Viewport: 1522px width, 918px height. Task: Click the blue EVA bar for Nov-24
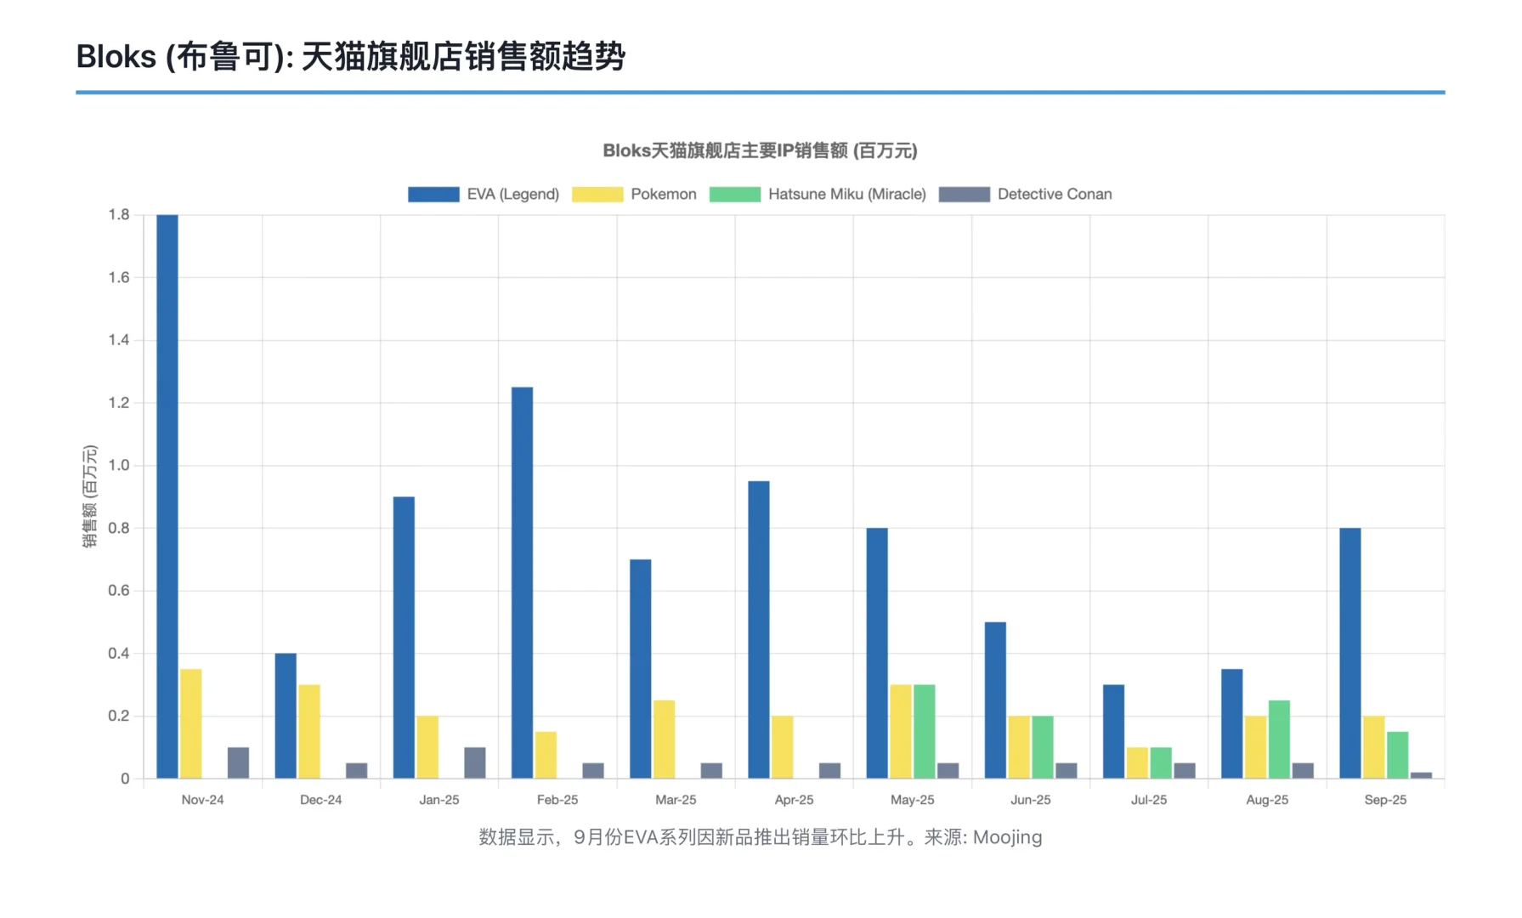tap(167, 496)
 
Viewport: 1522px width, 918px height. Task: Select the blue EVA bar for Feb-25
tap(522, 583)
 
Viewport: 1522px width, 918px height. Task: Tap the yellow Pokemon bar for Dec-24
tap(309, 731)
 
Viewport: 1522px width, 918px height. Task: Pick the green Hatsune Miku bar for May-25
tap(924, 731)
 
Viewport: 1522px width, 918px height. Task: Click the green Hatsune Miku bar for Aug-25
tap(1279, 739)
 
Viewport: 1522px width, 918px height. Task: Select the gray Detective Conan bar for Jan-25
tap(475, 763)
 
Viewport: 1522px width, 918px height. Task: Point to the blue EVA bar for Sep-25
tap(1349, 653)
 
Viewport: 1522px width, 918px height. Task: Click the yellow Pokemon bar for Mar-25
tap(664, 739)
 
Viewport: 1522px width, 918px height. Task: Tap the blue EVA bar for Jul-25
tap(1113, 731)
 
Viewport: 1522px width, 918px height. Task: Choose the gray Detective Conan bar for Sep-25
tap(1421, 775)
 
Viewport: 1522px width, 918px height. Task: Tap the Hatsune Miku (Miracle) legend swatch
tap(734, 194)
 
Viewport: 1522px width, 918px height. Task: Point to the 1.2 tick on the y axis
tap(119, 403)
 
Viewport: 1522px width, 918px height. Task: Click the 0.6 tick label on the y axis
tap(119, 591)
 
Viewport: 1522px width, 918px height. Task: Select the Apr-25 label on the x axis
tap(794, 800)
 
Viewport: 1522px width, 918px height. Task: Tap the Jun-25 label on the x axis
tap(1030, 800)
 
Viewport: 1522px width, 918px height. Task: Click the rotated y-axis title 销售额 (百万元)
tap(89, 496)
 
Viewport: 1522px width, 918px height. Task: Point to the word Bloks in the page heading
tap(116, 57)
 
